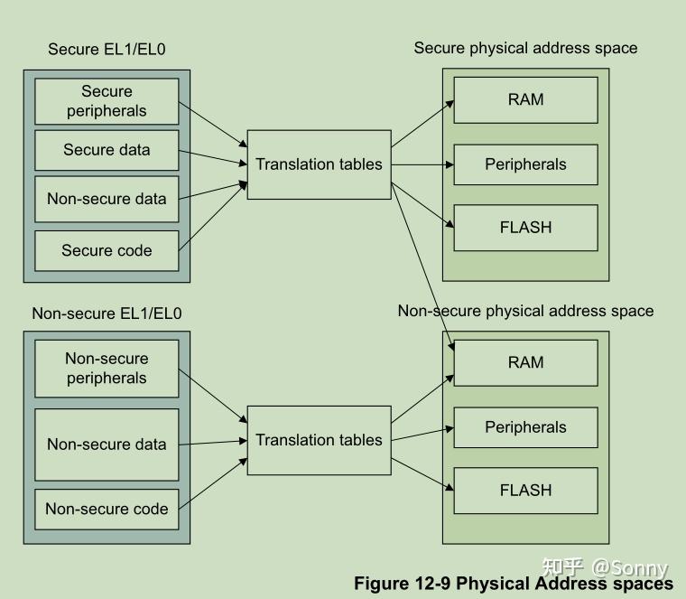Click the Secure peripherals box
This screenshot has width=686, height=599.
click(107, 101)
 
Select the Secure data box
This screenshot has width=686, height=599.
click(107, 150)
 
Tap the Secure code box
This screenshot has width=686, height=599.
click(107, 250)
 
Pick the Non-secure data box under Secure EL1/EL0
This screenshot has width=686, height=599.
click(107, 200)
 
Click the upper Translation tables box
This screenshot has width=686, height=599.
click(319, 164)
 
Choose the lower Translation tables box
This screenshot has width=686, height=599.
click(319, 440)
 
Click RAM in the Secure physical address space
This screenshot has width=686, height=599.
click(525, 99)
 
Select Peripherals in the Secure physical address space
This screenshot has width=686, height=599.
click(525, 164)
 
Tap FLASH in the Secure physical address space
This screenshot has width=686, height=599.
click(525, 228)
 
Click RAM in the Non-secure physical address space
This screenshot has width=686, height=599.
click(525, 362)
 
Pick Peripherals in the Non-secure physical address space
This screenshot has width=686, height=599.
click(525, 427)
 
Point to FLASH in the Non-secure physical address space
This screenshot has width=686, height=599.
click(525, 491)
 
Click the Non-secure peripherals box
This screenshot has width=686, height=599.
click(107, 369)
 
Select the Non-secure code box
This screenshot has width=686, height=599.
click(107, 509)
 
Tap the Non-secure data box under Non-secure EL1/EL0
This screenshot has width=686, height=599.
click(107, 445)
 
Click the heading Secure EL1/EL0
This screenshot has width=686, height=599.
click(107, 50)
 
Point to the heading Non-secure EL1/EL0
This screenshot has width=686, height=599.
click(107, 314)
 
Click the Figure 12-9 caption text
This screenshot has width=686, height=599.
click(513, 584)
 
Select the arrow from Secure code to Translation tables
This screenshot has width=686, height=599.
click(213, 216)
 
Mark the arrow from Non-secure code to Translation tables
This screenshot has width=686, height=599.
click(213, 483)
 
